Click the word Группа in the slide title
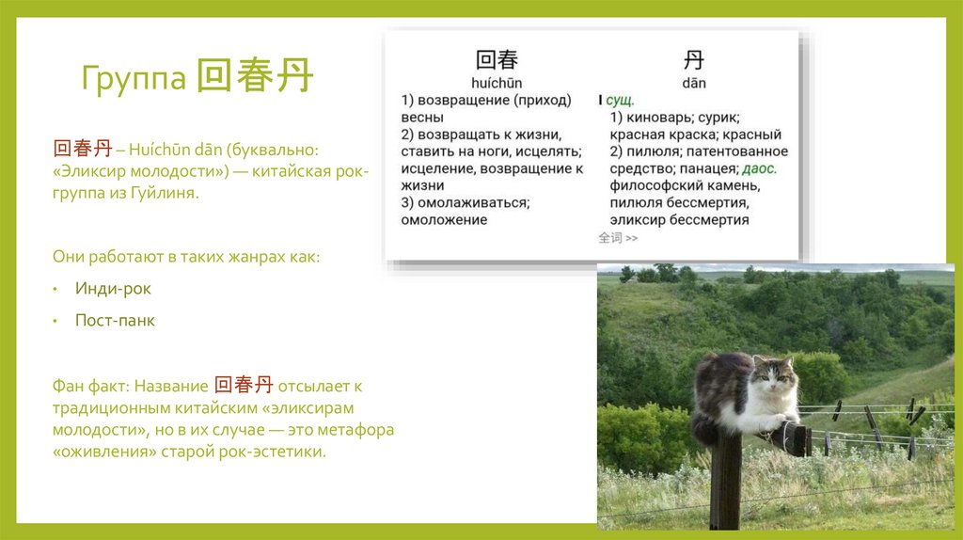[133, 79]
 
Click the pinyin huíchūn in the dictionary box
[497, 84]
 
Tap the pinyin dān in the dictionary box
[694, 84]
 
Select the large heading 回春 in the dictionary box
[497, 60]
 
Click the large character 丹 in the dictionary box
[693, 60]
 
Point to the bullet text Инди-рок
[113, 289]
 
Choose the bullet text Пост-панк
[115, 321]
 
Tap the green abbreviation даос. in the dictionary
[759, 169]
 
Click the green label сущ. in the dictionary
[621, 100]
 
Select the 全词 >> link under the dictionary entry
[618, 238]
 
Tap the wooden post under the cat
[725, 480]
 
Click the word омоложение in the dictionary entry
[444, 220]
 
